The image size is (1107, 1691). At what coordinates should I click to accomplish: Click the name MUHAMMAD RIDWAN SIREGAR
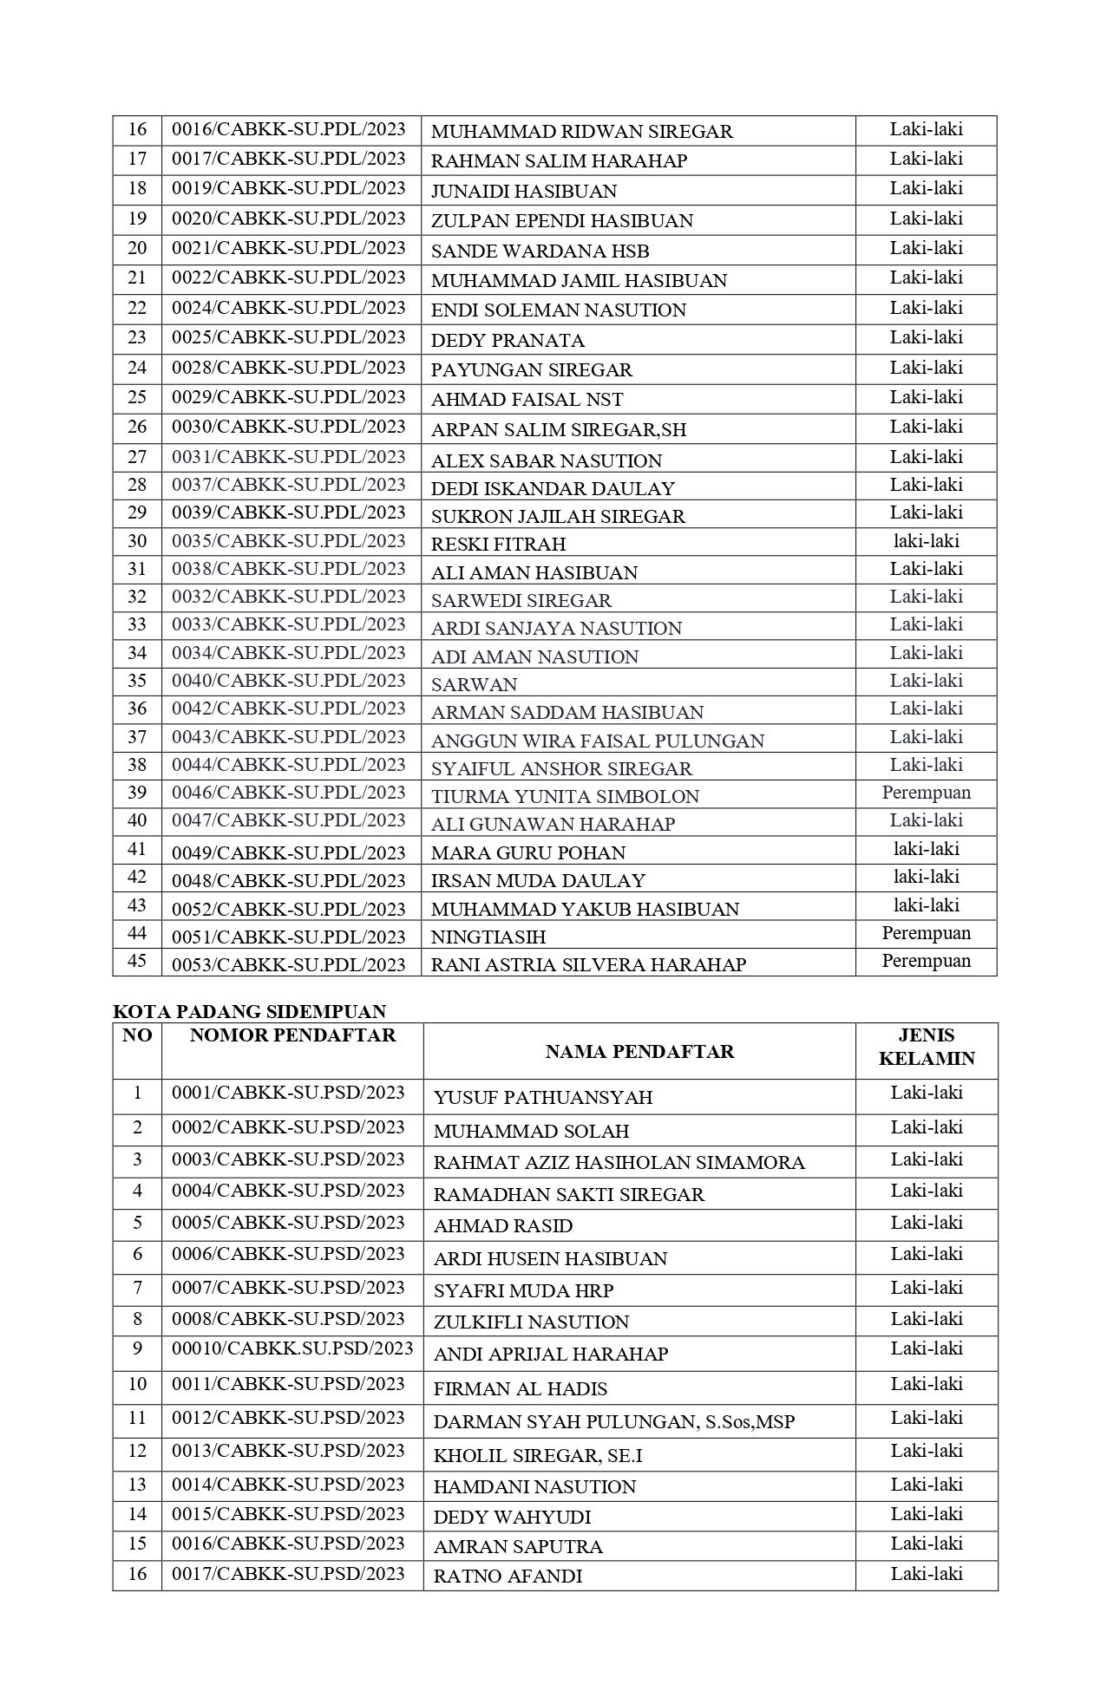[581, 132]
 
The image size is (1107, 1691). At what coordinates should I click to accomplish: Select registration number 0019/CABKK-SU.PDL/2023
[288, 189]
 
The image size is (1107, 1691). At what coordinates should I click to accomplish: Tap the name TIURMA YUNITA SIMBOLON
[565, 796]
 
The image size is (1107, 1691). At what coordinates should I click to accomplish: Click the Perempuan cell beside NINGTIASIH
[926, 934]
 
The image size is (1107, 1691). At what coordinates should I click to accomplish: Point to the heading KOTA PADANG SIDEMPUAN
[250, 1011]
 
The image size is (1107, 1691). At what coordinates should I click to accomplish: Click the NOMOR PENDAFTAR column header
[292, 1035]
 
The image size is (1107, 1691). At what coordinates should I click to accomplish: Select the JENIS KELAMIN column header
[927, 1047]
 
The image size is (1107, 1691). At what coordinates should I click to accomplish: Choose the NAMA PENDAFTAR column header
[639, 1052]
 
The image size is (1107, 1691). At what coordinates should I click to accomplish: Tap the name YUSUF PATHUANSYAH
[543, 1098]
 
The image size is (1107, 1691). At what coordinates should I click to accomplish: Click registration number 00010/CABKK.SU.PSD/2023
[292, 1349]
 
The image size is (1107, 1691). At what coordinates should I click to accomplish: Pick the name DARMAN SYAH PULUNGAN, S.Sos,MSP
[614, 1422]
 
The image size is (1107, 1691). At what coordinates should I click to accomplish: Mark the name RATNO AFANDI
[508, 1577]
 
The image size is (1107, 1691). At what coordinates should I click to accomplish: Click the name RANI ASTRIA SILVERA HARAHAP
[588, 964]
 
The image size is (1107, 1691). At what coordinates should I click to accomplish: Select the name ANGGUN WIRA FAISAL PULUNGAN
[598, 741]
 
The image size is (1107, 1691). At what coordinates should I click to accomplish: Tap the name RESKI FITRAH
[498, 545]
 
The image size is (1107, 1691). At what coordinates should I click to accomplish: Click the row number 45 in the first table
[137, 962]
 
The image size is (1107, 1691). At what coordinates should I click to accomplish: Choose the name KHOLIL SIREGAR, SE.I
[538, 1456]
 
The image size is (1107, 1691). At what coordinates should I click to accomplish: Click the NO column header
[137, 1035]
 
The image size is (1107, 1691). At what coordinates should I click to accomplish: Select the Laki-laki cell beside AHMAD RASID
[927, 1224]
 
